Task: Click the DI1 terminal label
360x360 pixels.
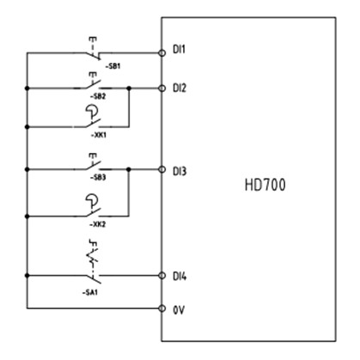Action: pyautogui.click(x=179, y=49)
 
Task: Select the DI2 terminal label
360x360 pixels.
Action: pyautogui.click(x=180, y=88)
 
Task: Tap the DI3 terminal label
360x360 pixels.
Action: pyautogui.click(x=180, y=171)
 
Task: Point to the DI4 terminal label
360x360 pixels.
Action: pyautogui.click(x=180, y=277)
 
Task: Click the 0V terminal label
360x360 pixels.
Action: pyautogui.click(x=179, y=310)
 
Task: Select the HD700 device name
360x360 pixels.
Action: pyautogui.click(x=265, y=185)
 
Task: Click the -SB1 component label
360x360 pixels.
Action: pyautogui.click(x=113, y=66)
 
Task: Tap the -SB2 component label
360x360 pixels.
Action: pyautogui.click(x=98, y=96)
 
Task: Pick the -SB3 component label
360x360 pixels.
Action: pyautogui.click(x=98, y=178)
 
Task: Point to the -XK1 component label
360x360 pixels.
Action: pyautogui.click(x=98, y=135)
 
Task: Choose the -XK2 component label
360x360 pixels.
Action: pyautogui.click(x=98, y=224)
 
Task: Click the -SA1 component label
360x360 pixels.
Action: pyautogui.click(x=90, y=292)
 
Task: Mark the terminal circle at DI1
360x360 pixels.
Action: pyautogui.click(x=162, y=53)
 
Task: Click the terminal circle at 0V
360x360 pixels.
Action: pyautogui.click(x=162, y=308)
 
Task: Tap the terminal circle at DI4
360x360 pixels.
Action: pyautogui.click(x=162, y=276)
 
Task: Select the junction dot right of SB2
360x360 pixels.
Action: pyautogui.click(x=129, y=88)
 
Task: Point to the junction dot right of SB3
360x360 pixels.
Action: pyautogui.click(x=129, y=169)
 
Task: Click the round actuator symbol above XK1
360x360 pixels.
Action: pyautogui.click(x=92, y=111)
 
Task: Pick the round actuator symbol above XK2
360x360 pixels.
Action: pyautogui.click(x=92, y=200)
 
